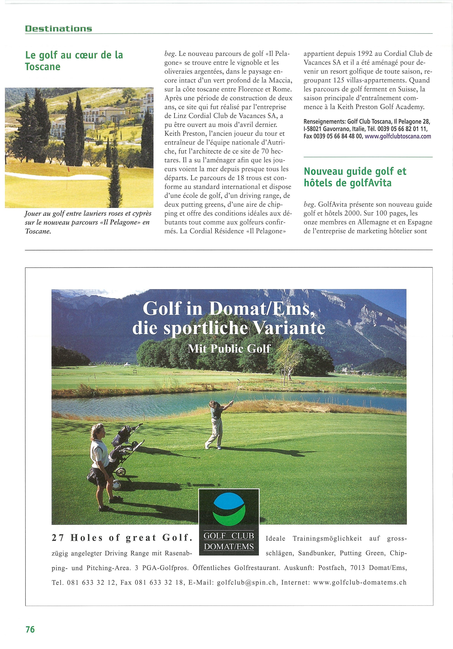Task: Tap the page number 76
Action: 30,629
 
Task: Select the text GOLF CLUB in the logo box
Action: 229,536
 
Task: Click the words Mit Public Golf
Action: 229,349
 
